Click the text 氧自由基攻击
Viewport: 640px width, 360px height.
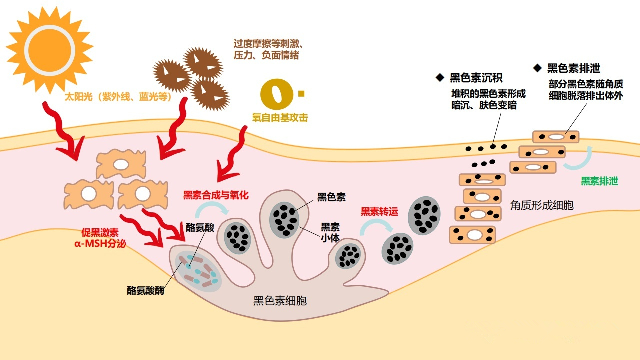(x=280, y=118)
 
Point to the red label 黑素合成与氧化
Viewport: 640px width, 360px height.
(x=216, y=195)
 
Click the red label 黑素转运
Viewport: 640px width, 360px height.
(x=380, y=212)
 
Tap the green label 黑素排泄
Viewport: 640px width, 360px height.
(x=599, y=181)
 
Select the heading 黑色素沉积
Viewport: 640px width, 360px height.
(x=476, y=78)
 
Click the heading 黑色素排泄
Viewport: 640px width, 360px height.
(x=573, y=68)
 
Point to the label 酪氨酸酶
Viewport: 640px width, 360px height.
(x=145, y=290)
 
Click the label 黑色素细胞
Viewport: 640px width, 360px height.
(x=280, y=301)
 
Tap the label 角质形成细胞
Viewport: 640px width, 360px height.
(x=542, y=205)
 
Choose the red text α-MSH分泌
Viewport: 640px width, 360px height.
(x=100, y=244)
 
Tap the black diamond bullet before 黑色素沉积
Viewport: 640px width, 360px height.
(x=440, y=78)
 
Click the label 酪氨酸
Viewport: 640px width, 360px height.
(x=200, y=228)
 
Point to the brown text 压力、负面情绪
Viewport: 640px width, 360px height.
(x=266, y=55)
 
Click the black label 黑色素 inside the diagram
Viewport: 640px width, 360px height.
(x=331, y=197)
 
